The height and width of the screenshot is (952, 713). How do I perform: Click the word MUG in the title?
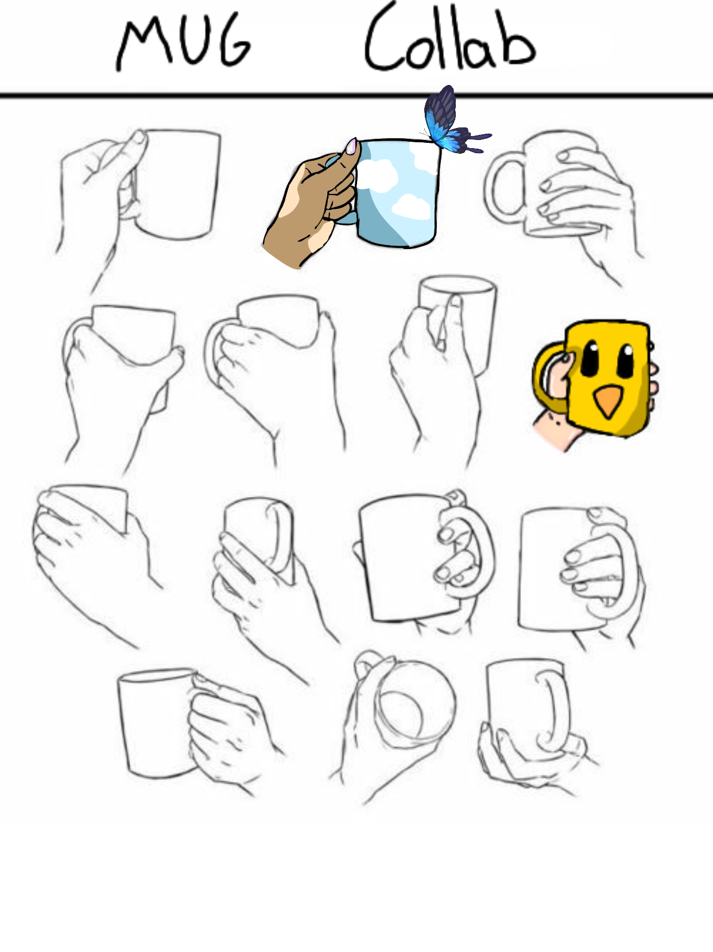point(184,44)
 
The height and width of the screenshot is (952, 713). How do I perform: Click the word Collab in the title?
point(450,38)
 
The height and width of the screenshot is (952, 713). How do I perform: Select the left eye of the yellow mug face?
point(590,358)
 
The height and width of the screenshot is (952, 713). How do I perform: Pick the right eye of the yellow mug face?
point(625,360)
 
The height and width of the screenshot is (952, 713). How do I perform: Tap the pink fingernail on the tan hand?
point(351,146)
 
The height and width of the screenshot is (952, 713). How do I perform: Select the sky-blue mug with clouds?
point(397,193)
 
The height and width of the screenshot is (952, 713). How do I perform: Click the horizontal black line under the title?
point(356,95)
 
